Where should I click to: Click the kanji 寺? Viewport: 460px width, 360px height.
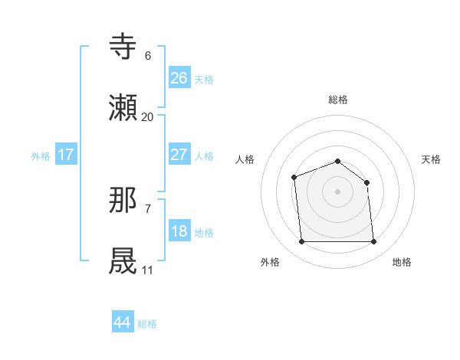point(124,47)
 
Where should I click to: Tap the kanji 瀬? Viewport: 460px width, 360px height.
point(124,108)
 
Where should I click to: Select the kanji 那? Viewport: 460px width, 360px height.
point(124,201)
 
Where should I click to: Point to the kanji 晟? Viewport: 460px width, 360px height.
point(124,261)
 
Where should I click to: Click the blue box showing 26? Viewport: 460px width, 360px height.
point(179,77)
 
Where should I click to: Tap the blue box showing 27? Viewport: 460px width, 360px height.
point(179,155)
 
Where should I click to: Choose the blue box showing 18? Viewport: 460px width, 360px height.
point(179,231)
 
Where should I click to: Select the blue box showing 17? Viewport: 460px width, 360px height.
point(66,155)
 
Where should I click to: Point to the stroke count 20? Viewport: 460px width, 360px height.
point(147,117)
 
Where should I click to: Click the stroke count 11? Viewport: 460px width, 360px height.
point(147,270)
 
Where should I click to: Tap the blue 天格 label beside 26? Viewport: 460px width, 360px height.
point(204,79)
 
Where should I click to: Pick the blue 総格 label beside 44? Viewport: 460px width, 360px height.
point(147,324)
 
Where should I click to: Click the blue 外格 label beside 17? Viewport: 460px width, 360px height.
point(41,156)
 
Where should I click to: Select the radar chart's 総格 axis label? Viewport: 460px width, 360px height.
point(337,100)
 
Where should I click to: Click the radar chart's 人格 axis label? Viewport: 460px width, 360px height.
point(245,159)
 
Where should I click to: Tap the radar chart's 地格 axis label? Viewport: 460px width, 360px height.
point(402,262)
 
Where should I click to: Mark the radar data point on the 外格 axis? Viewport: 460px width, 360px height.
point(301,242)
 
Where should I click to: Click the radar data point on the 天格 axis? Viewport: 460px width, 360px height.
point(366,182)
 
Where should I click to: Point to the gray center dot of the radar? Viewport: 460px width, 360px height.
point(337,191)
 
